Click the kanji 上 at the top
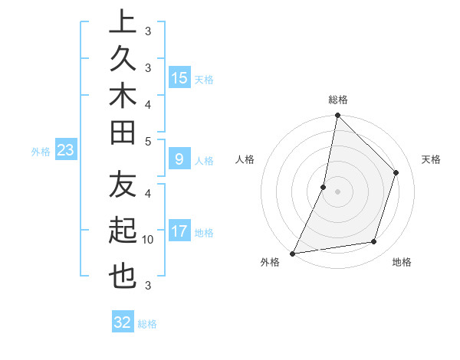click(x=123, y=22)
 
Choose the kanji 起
click(x=123, y=230)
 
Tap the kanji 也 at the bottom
click(x=123, y=276)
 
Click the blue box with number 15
click(x=179, y=78)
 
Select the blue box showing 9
click(x=179, y=159)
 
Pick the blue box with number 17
click(x=179, y=231)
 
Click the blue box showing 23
click(x=66, y=151)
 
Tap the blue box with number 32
click(x=123, y=322)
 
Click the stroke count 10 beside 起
click(x=148, y=240)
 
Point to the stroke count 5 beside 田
click(x=148, y=141)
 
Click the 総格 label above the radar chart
click(x=338, y=100)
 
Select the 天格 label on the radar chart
click(x=431, y=159)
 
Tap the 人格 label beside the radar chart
click(x=245, y=159)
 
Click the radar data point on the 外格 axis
click(x=293, y=253)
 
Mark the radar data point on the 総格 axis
click(x=337, y=116)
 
